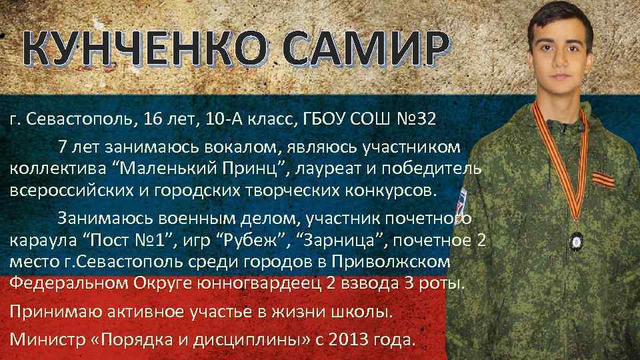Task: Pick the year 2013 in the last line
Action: [346, 338]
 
